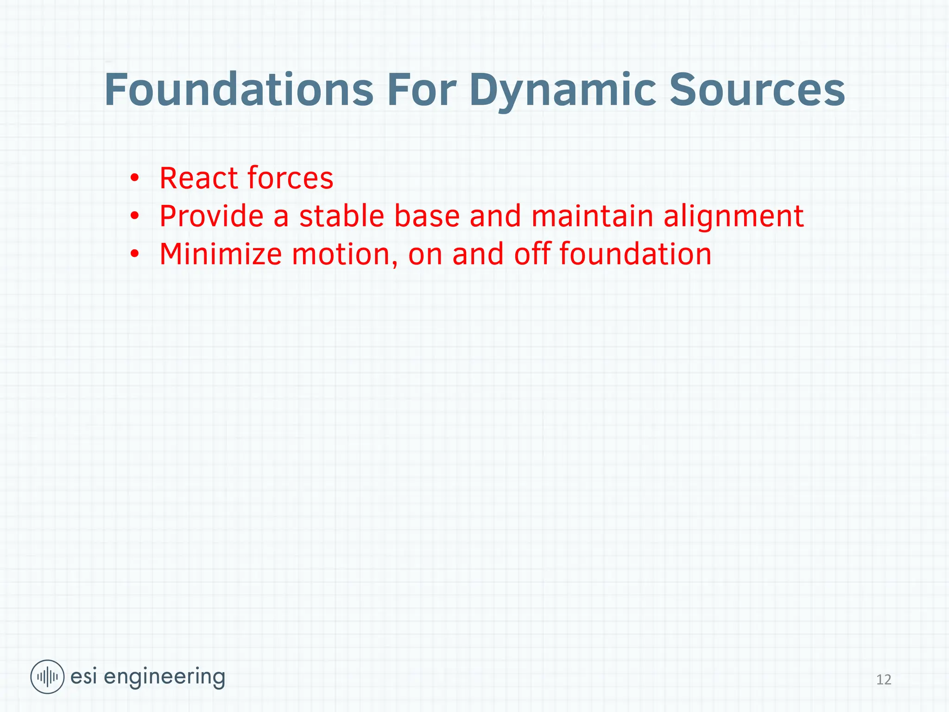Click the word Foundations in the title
coord(239,90)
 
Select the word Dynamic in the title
coord(563,90)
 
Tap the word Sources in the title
coord(757,90)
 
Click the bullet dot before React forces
coord(134,178)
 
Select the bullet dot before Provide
coord(134,216)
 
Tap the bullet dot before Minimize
coord(134,254)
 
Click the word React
coord(198,178)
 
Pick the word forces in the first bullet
coord(290,178)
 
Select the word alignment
coord(734,217)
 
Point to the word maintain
coord(592,216)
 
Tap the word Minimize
coord(221,254)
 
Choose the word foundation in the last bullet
coord(635,254)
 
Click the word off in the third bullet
coord(531,254)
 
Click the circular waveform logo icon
coord(47,677)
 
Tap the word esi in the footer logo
coord(83,677)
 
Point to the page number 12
coord(884,680)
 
